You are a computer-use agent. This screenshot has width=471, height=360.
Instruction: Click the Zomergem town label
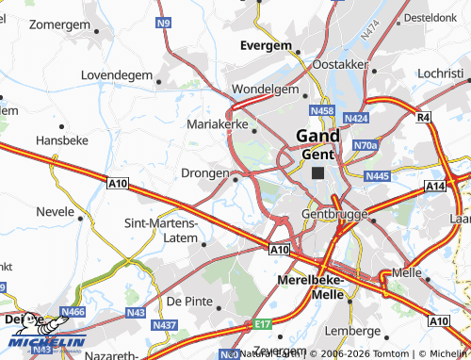tap(57, 25)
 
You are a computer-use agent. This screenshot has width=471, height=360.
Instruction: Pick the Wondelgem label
tap(265, 90)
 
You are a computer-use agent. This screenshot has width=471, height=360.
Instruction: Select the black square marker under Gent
tap(318, 172)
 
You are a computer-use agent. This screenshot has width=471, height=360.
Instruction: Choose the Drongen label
tap(204, 173)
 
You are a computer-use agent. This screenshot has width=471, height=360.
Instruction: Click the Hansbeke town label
tap(61, 139)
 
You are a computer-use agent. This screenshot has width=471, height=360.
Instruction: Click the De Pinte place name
tap(187, 301)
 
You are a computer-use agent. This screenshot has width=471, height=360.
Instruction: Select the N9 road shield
tap(165, 22)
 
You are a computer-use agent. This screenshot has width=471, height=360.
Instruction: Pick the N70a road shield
tap(365, 145)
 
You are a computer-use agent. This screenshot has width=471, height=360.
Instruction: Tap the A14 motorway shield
tap(434, 188)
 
